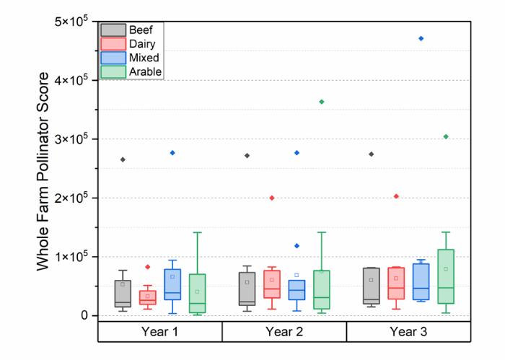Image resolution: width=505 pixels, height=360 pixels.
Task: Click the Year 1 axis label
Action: click(159, 332)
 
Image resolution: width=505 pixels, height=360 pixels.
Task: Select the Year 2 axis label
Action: click(284, 332)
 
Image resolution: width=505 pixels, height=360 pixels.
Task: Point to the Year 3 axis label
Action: click(408, 332)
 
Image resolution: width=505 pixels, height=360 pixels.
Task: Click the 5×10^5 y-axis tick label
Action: click(71, 21)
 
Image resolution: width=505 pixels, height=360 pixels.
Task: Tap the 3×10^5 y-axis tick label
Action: click(71, 139)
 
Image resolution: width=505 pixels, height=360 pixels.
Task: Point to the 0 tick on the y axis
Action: click(84, 315)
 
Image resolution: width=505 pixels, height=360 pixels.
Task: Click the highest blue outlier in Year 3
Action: click(421, 38)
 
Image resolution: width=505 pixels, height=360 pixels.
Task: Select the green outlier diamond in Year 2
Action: click(322, 102)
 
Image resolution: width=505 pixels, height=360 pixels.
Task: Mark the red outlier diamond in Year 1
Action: click(148, 267)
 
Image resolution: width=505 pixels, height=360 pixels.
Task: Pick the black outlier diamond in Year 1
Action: click(123, 159)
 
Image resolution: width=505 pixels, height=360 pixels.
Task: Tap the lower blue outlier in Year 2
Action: click(297, 246)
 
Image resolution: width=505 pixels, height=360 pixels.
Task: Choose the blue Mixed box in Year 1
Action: click(172, 284)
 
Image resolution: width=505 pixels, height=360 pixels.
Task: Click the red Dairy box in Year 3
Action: click(396, 283)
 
